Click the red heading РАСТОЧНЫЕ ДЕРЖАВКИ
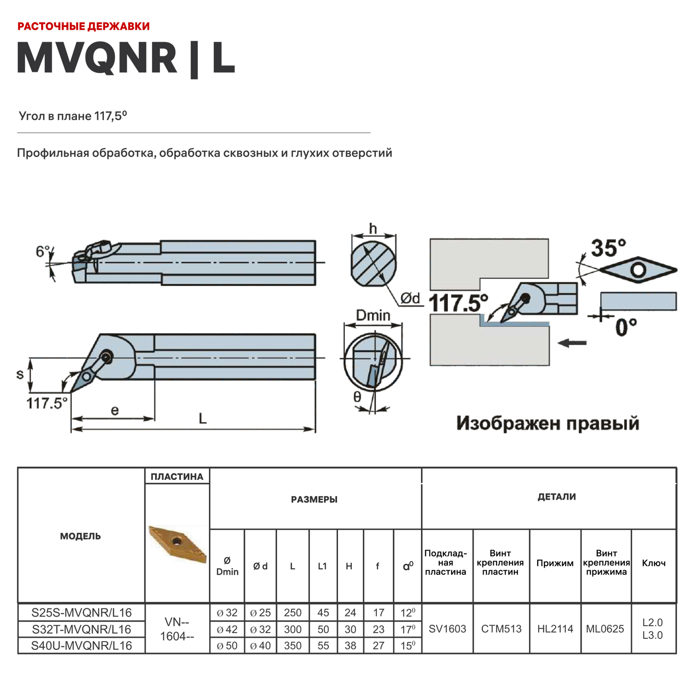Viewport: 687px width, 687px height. (83, 26)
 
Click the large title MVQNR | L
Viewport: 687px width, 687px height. (126, 59)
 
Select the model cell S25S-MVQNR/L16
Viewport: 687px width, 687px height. (82, 612)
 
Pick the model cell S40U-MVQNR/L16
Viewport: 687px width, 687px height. (82, 645)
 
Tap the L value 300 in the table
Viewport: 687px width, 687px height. (293, 629)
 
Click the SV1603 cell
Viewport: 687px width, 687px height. (447, 629)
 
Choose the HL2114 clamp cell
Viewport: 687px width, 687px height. (555, 629)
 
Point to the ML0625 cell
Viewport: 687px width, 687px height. (605, 629)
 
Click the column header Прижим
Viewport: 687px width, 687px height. (555, 563)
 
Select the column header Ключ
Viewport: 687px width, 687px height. (654, 563)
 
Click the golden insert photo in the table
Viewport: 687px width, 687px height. (178, 544)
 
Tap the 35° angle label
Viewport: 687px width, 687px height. (608, 248)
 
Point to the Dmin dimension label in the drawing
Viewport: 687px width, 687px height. (373, 315)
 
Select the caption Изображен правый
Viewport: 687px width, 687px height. (547, 423)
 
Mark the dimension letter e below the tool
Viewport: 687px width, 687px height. (114, 410)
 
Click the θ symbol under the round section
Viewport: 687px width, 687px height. (357, 397)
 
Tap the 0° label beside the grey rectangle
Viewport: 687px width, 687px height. (626, 327)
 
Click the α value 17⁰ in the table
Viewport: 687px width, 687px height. (408, 629)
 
